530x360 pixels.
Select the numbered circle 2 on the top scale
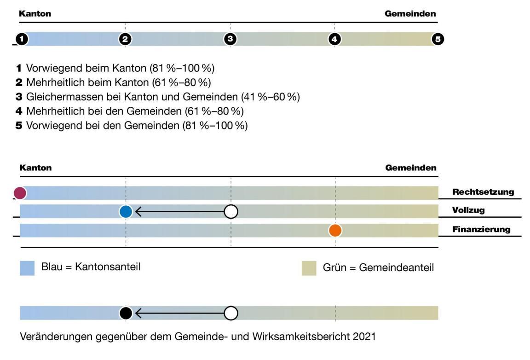point(125,39)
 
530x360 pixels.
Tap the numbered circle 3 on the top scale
point(230,39)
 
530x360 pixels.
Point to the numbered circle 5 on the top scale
point(438,39)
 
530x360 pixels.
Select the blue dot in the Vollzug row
point(126,212)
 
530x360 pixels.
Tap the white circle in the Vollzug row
point(231,212)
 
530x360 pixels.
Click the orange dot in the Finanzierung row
point(335,230)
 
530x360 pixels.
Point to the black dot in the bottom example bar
point(126,313)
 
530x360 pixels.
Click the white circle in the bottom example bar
point(231,313)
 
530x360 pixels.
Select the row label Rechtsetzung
point(483,192)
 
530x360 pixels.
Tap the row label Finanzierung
point(482,229)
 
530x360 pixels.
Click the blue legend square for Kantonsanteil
point(27,268)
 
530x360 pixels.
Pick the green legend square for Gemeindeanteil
point(309,268)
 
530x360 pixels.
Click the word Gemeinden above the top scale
point(410,14)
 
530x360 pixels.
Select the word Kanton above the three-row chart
point(35,168)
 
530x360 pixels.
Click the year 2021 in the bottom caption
point(365,337)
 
